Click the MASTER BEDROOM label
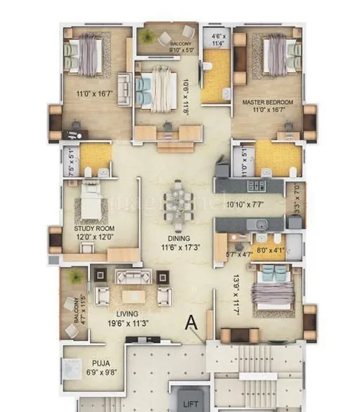(x=268, y=103)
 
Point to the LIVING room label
(x=128, y=314)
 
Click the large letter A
(x=190, y=323)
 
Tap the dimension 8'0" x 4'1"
(x=269, y=248)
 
